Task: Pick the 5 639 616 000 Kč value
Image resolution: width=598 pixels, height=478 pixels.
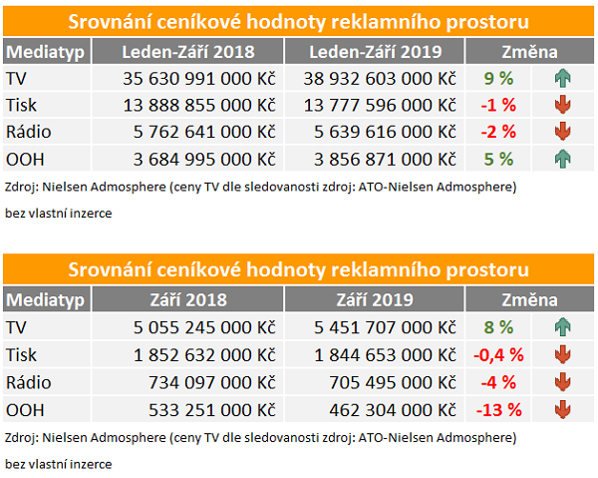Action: click(385, 130)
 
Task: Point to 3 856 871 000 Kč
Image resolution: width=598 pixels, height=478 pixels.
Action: click(385, 157)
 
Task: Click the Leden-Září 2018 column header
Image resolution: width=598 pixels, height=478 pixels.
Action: click(187, 52)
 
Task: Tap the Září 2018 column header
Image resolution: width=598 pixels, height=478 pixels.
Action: click(187, 299)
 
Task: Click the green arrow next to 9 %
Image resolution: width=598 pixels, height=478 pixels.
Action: click(562, 78)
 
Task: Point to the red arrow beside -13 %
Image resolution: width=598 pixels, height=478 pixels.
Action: click(562, 407)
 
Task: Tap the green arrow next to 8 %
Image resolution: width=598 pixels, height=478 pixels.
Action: click(562, 326)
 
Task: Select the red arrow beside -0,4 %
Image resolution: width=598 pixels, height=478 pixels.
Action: click(562, 353)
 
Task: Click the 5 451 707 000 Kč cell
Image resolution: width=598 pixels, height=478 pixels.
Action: click(385, 326)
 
